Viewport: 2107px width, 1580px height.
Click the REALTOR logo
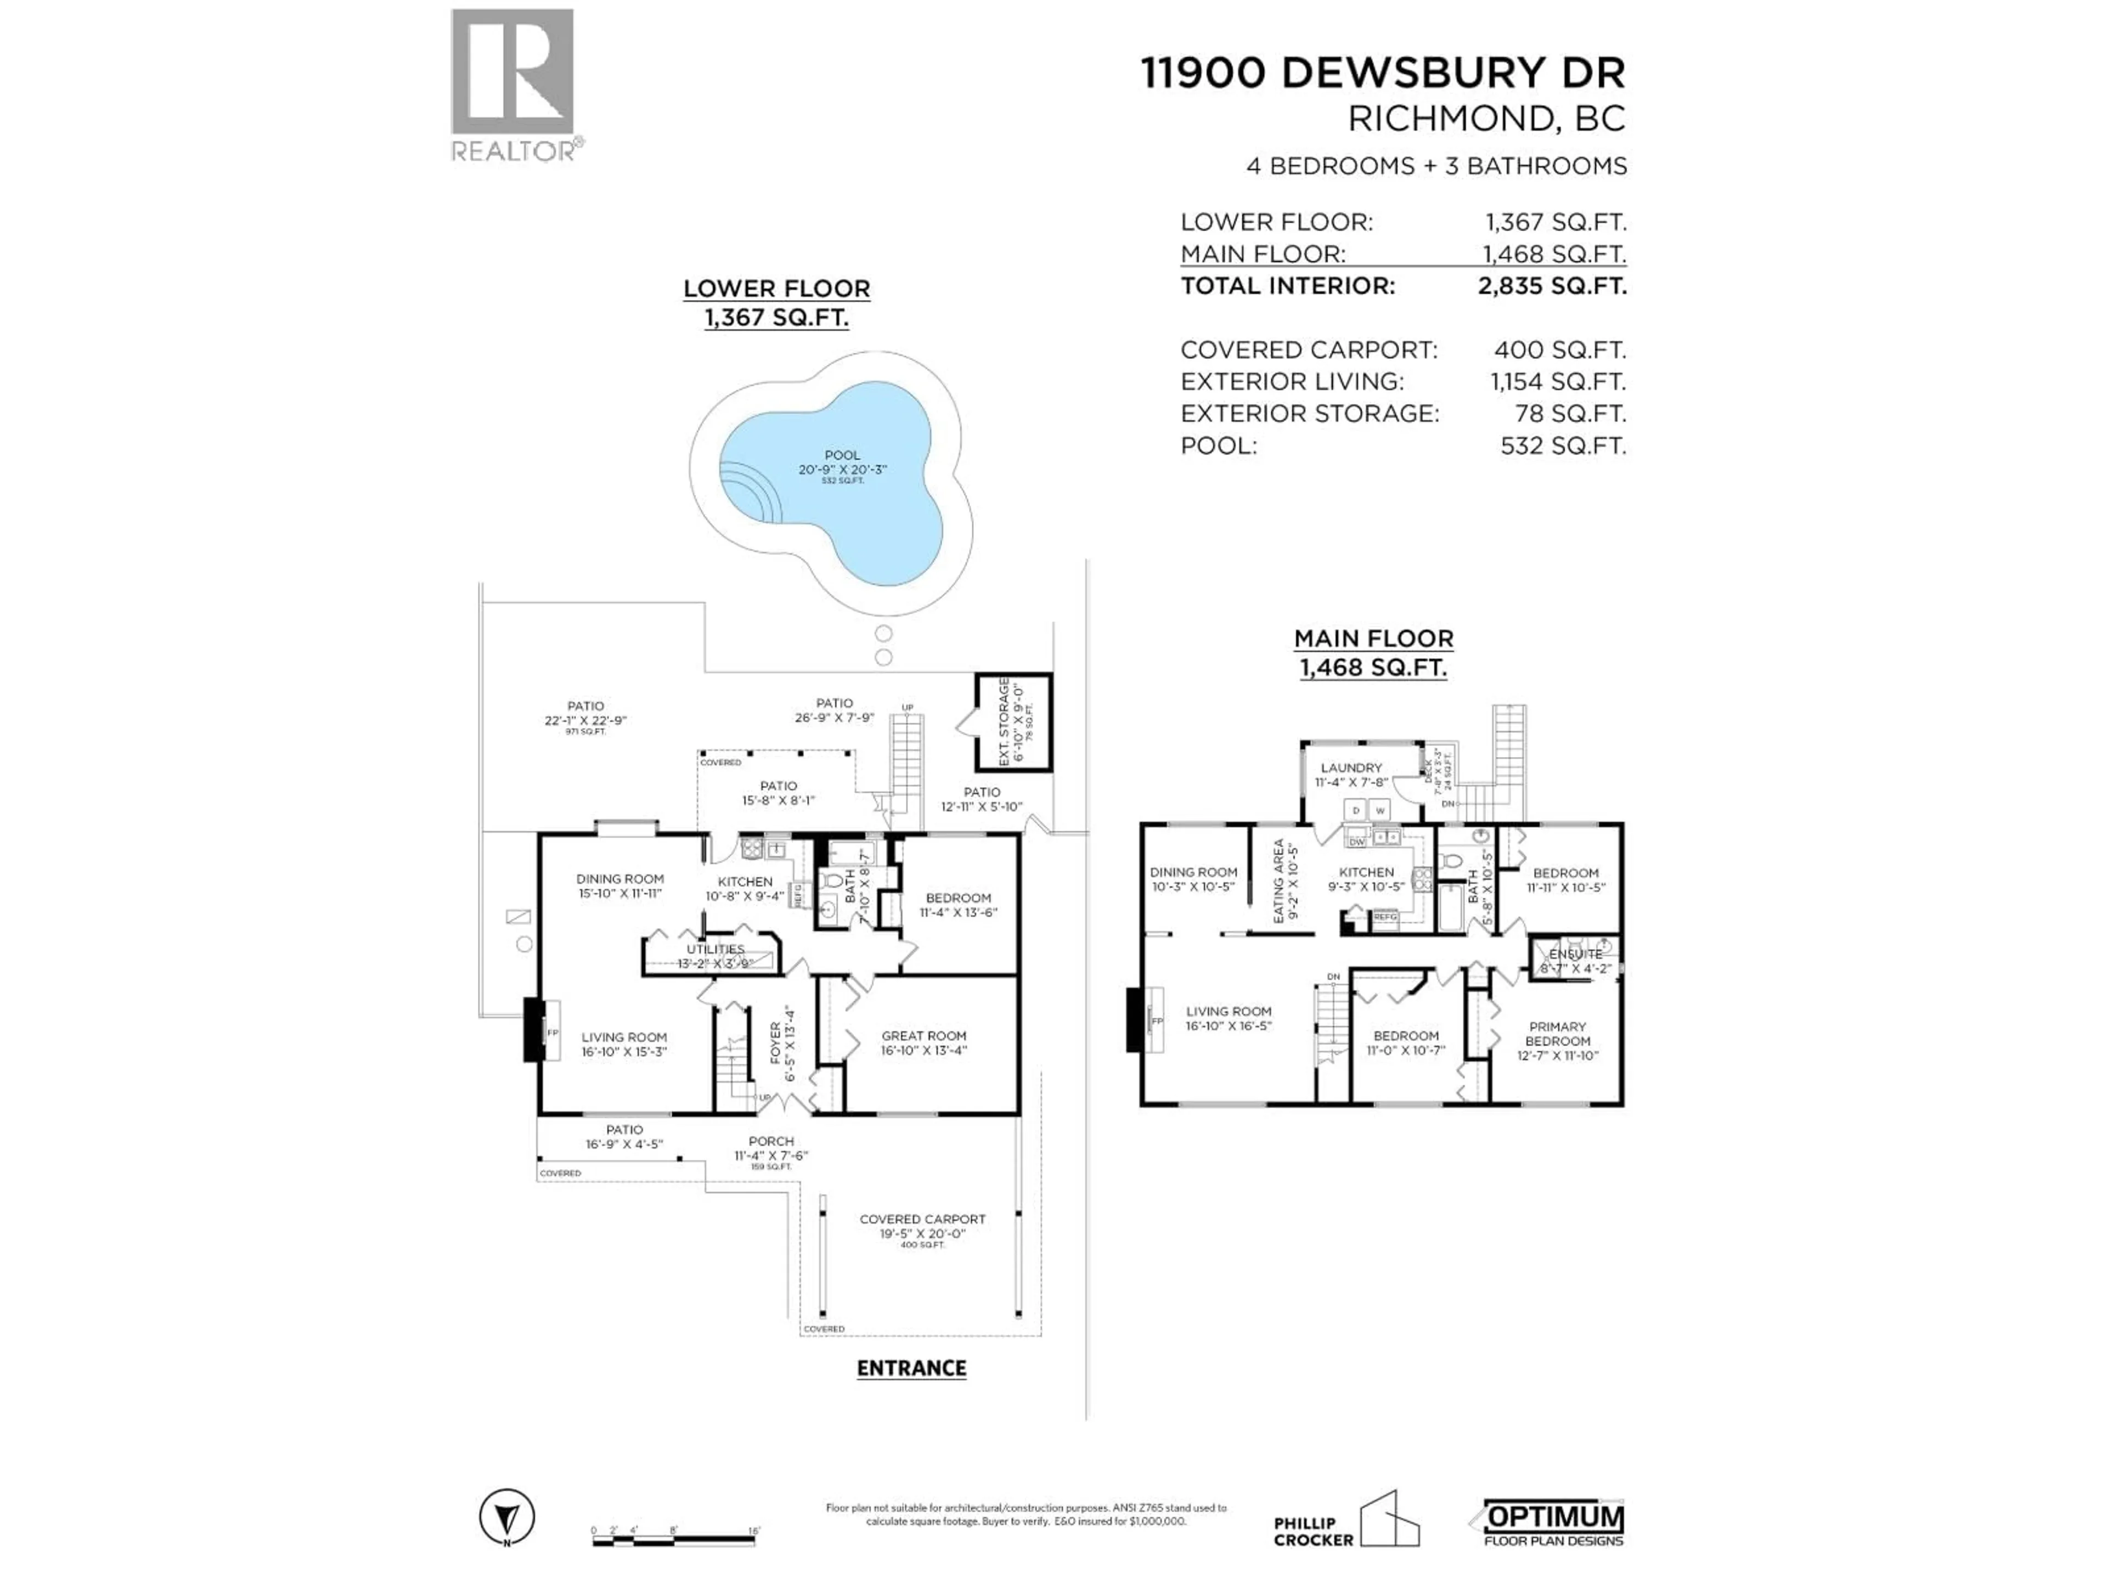click(x=512, y=85)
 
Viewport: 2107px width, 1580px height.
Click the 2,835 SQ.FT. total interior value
click(x=1552, y=286)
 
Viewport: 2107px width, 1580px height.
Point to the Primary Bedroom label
click(x=1557, y=1041)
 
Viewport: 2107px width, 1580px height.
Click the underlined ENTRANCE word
click(x=911, y=1369)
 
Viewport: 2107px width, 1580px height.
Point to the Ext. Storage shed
click(x=1012, y=722)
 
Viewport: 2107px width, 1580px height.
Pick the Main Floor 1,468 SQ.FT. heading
click(x=1373, y=652)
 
